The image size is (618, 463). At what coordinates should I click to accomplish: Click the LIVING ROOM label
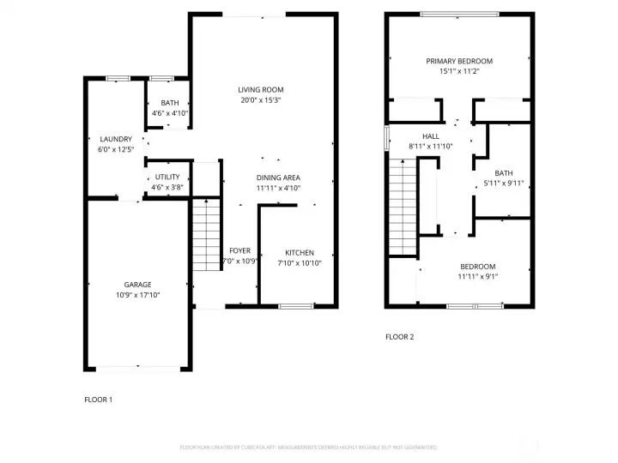pyautogui.click(x=261, y=90)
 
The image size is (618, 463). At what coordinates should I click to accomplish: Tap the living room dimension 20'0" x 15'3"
pyautogui.click(x=261, y=100)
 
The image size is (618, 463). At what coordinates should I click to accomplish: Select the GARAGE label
pyautogui.click(x=137, y=285)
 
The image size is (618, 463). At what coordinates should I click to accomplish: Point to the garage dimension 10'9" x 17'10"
pyautogui.click(x=137, y=295)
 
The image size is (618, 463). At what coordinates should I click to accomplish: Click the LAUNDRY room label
pyautogui.click(x=116, y=139)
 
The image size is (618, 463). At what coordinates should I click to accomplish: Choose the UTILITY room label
pyautogui.click(x=167, y=177)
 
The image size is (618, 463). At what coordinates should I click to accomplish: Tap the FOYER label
pyautogui.click(x=239, y=251)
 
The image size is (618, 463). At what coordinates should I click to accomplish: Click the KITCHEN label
pyautogui.click(x=300, y=253)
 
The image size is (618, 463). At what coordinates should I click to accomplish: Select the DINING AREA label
pyautogui.click(x=278, y=177)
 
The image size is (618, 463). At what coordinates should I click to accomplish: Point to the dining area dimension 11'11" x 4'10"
pyautogui.click(x=278, y=188)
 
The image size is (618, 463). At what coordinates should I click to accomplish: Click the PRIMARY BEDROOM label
pyautogui.click(x=459, y=61)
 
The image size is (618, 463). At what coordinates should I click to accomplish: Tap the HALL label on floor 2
pyautogui.click(x=431, y=136)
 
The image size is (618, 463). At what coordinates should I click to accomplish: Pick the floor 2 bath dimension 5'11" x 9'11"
pyautogui.click(x=503, y=183)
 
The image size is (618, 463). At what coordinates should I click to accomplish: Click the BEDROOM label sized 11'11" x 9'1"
pyautogui.click(x=477, y=266)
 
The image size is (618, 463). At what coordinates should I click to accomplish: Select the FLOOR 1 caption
pyautogui.click(x=98, y=400)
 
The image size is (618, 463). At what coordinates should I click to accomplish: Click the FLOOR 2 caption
pyautogui.click(x=399, y=337)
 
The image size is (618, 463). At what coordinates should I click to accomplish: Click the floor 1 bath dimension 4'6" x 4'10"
pyautogui.click(x=169, y=113)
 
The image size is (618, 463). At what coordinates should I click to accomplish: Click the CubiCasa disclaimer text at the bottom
pyautogui.click(x=309, y=448)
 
